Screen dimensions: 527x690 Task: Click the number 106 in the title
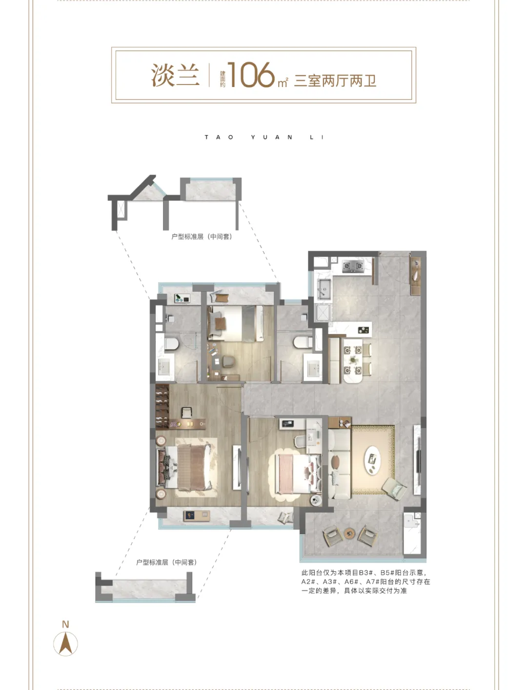pos(251,75)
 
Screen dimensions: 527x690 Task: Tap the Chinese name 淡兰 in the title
pos(175,75)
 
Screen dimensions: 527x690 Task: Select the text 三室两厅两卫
pos(335,81)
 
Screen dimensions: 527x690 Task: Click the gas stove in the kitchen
pos(353,266)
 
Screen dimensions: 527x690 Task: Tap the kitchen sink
pos(324,288)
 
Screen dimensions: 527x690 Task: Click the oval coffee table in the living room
pos(372,460)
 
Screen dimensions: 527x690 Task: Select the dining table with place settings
pos(352,360)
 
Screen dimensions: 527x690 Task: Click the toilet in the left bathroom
pos(171,344)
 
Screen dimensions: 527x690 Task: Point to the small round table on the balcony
pos(349,533)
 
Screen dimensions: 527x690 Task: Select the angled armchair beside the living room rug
pos(394,489)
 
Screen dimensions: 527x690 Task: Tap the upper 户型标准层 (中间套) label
pos(202,237)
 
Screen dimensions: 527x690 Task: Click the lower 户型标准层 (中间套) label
pos(166,562)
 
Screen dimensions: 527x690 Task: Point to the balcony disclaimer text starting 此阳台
pos(365,582)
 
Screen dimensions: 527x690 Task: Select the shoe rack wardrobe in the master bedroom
pos(162,407)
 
